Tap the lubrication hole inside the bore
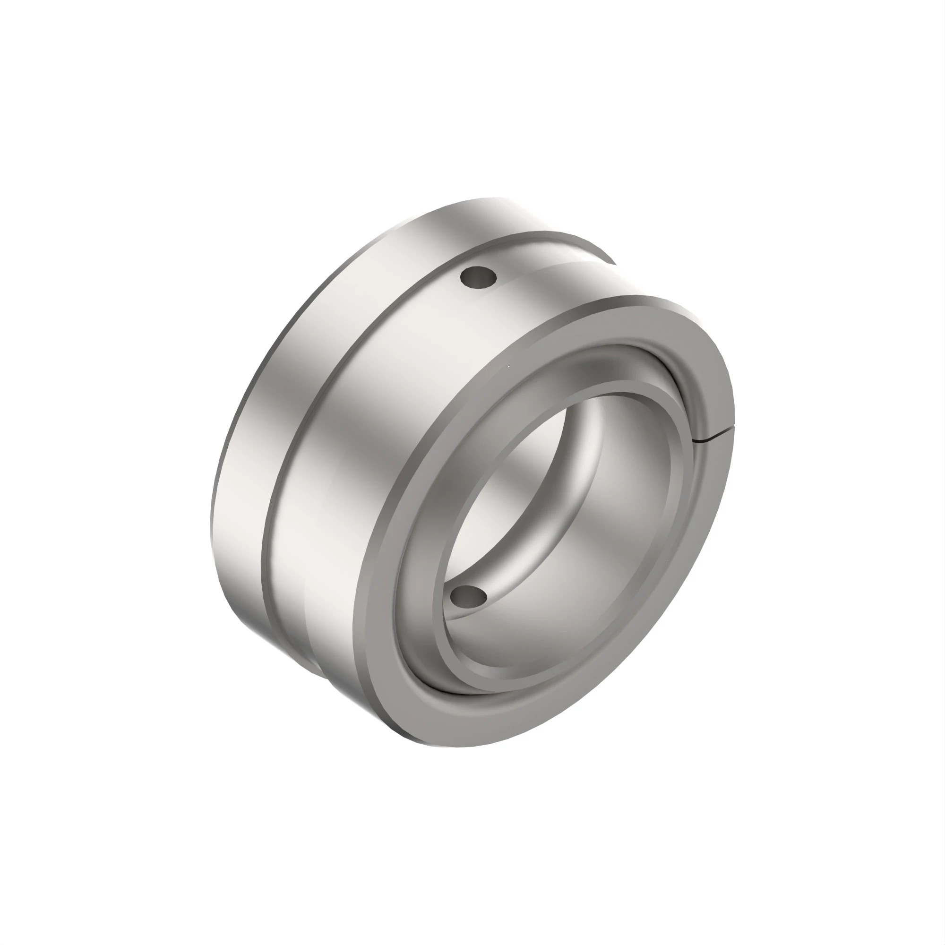tap(469, 596)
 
